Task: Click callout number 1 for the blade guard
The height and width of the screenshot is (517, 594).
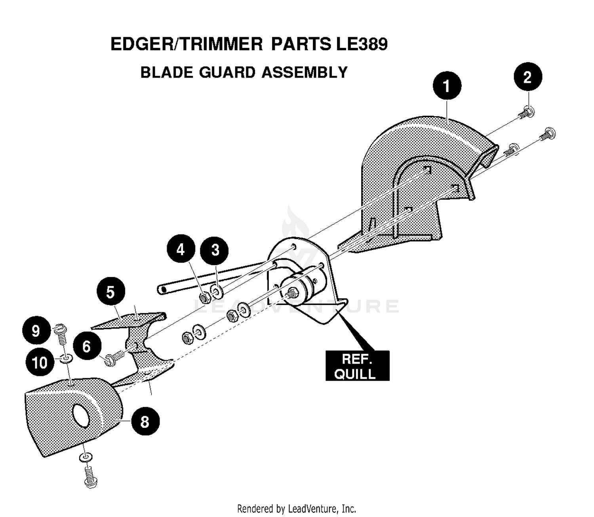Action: point(447,86)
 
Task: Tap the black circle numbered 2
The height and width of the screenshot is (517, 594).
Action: point(527,76)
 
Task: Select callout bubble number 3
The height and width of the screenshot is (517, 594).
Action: point(215,250)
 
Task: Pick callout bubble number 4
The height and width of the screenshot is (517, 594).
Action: point(181,249)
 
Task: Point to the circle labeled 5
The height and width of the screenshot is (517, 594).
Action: point(110,291)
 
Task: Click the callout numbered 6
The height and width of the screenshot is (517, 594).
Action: point(87,346)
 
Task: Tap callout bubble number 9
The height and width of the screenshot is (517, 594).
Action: point(36,330)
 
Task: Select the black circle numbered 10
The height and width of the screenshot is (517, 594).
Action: point(40,362)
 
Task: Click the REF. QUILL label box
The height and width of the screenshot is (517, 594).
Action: point(357,366)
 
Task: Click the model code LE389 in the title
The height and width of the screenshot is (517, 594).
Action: point(362,44)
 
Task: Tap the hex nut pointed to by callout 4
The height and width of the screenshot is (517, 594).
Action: point(205,297)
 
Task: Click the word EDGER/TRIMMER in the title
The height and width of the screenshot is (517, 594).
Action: point(187,44)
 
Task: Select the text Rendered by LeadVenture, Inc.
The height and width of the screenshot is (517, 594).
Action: point(297,509)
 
